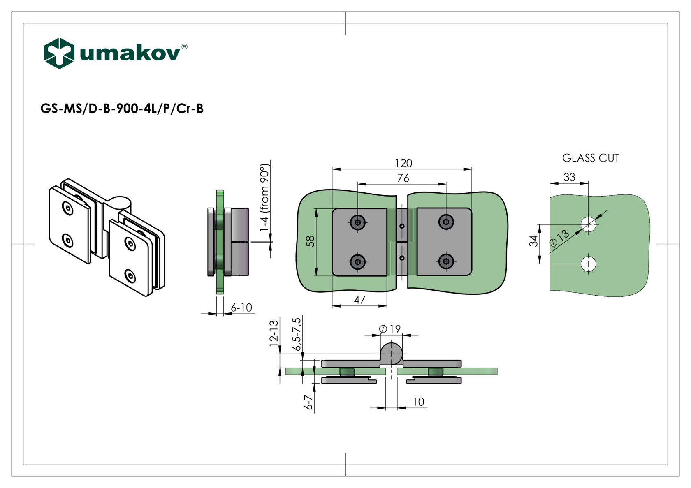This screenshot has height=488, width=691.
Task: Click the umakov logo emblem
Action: pos(59,53)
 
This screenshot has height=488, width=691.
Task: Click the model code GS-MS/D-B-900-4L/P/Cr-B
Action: pos(122,109)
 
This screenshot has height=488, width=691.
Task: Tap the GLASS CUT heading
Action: pos(590,158)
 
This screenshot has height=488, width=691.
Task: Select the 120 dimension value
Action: pos(403,163)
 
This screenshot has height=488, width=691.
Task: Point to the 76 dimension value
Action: pos(403,178)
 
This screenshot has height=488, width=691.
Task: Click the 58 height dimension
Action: pos(311,241)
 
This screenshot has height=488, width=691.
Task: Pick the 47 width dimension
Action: pos(359,300)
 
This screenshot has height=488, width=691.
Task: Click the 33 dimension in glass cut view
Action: pos(569,177)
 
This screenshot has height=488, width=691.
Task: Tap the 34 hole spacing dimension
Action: pos(533,241)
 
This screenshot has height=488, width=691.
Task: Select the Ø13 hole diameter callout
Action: pos(560,238)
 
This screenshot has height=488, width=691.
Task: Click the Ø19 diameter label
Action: pos(390,329)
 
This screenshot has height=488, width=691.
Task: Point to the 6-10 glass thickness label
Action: pos(241,308)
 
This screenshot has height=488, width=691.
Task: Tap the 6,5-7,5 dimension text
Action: pos(297,334)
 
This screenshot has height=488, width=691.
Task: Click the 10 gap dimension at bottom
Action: pos(418,402)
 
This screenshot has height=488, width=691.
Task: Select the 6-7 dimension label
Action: pos(308,402)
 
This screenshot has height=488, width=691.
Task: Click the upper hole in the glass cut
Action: pos(589,224)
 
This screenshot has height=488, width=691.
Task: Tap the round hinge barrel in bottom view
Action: pos(391,353)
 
